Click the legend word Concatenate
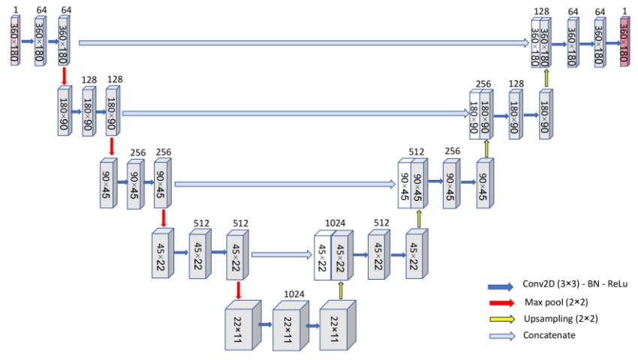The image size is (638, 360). point(549,335)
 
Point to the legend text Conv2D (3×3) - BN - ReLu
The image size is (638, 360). point(575,284)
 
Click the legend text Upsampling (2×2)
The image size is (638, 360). point(561,318)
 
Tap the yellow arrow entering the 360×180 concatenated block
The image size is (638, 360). point(546,78)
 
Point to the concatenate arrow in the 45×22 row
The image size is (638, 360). point(281,255)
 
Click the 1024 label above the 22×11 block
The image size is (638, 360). point(293,293)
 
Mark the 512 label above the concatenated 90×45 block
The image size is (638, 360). point(417,151)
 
